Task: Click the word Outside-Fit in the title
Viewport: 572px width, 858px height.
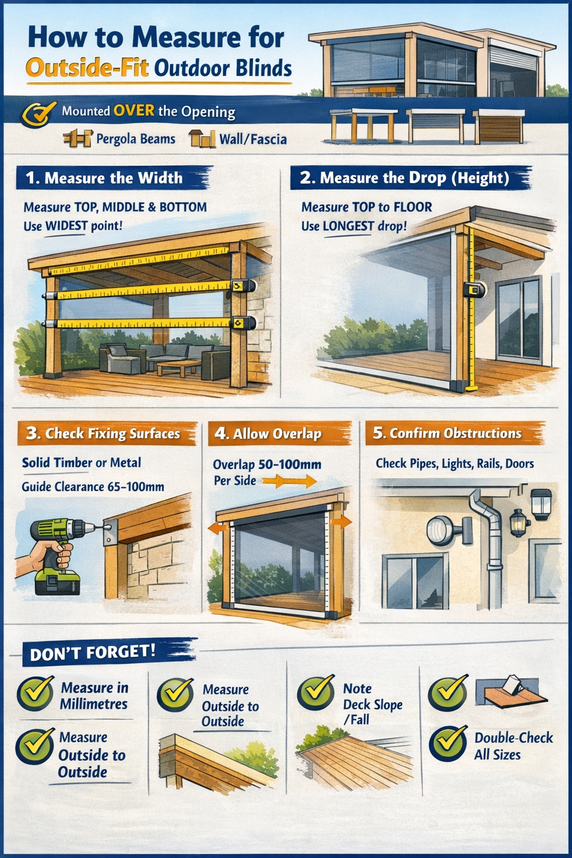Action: click(x=87, y=68)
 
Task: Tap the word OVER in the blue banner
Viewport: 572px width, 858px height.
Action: click(x=134, y=111)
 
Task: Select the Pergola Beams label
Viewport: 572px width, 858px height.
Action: click(x=136, y=139)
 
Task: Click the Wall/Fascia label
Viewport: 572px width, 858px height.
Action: click(x=253, y=139)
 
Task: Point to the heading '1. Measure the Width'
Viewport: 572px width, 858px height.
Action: click(x=104, y=178)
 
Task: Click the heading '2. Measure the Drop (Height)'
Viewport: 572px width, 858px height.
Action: click(x=404, y=178)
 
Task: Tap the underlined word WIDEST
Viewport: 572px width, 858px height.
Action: click(x=66, y=226)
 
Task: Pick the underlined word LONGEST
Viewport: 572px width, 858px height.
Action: click(x=348, y=226)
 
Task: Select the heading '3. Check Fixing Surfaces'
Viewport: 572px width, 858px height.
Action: click(x=103, y=433)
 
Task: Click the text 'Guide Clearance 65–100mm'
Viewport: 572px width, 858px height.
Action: click(x=93, y=487)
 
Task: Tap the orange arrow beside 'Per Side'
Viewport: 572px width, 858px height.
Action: click(x=289, y=481)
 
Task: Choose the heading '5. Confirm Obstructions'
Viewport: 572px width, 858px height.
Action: click(x=447, y=433)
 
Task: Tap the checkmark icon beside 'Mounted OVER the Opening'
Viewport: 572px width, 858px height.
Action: click(x=39, y=114)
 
